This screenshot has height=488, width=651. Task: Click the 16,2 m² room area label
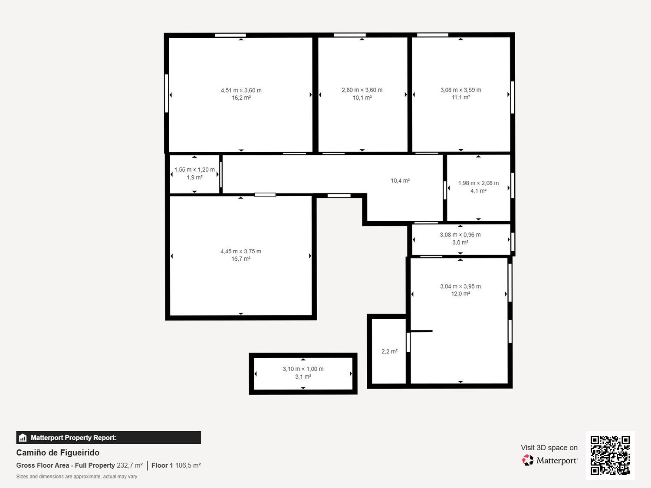(x=241, y=98)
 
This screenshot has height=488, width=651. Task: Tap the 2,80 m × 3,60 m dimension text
(x=362, y=90)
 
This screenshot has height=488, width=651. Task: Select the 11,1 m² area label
(x=460, y=97)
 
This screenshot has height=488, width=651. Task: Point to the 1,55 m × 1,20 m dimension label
(x=194, y=170)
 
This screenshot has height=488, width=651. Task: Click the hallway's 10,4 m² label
(x=400, y=180)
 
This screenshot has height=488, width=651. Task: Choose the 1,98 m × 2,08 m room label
(x=478, y=183)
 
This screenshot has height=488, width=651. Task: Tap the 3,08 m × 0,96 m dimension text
(x=460, y=235)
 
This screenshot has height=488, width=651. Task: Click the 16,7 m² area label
(x=241, y=259)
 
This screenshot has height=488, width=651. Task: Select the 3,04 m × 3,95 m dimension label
(x=460, y=286)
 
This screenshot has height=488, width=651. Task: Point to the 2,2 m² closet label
(x=389, y=351)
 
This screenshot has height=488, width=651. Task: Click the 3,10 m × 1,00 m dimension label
(x=303, y=369)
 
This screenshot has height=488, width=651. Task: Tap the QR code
(x=610, y=455)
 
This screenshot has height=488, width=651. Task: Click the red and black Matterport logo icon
(x=527, y=460)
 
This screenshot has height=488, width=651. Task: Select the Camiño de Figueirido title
(x=58, y=452)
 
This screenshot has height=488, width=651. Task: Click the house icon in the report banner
(x=23, y=438)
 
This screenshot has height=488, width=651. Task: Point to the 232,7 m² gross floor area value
(x=130, y=465)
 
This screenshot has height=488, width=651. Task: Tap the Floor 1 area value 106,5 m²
(x=188, y=465)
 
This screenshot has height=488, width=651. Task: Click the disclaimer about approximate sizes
(x=76, y=476)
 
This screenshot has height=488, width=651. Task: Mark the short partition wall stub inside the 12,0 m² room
(x=421, y=331)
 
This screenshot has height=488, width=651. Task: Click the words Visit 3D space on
(x=549, y=448)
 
